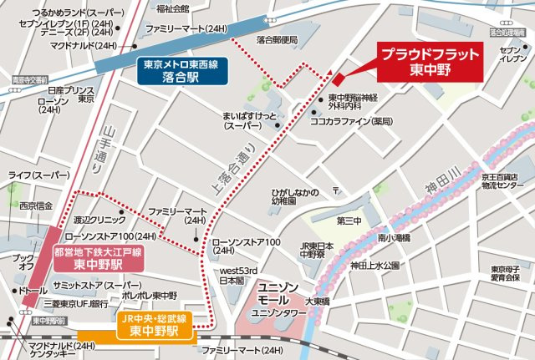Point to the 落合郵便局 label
277,40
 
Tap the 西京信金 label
34,205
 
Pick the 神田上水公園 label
375,266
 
